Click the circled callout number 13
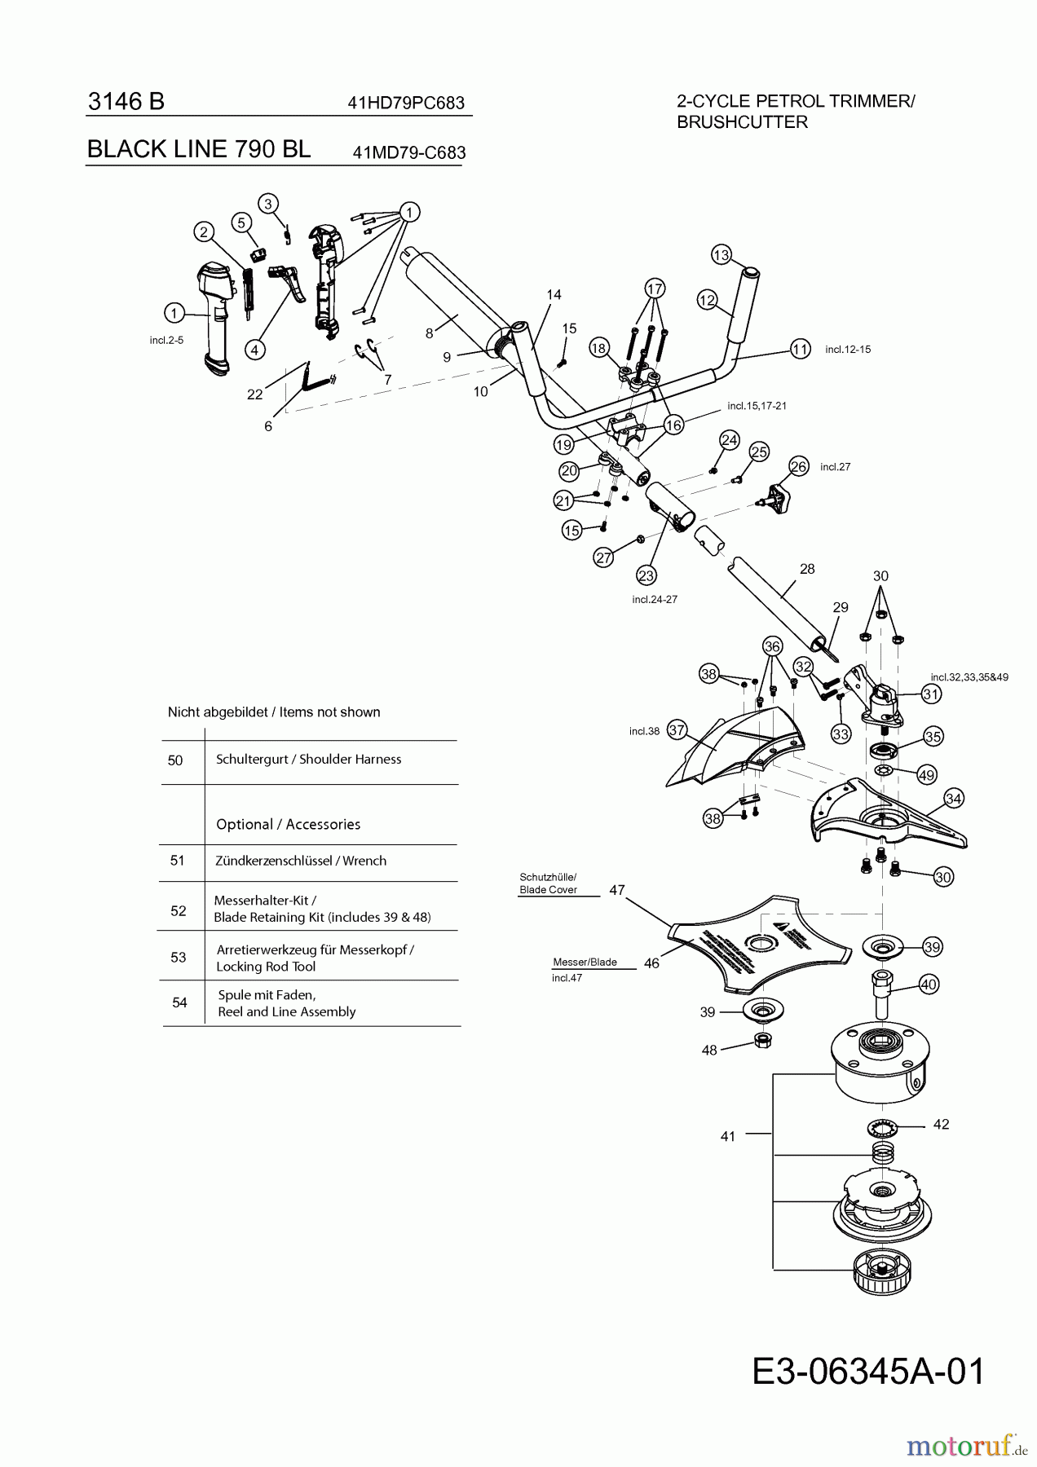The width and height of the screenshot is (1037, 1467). [x=721, y=254]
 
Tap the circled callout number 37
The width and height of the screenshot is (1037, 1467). [x=676, y=729]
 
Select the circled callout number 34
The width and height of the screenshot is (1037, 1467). [x=954, y=798]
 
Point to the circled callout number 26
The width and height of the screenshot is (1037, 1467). [x=798, y=466]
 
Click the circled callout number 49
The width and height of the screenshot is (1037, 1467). [x=926, y=774]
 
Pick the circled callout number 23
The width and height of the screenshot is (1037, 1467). [x=646, y=575]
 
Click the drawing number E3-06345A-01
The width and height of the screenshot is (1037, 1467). [x=867, y=1371]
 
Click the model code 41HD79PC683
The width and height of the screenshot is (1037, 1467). [x=406, y=103]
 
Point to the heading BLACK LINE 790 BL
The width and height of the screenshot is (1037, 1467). [x=198, y=149]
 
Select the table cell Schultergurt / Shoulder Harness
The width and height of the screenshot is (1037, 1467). [x=308, y=760]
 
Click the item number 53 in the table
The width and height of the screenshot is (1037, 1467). [x=179, y=958]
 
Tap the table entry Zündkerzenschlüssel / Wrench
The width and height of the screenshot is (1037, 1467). [x=301, y=861]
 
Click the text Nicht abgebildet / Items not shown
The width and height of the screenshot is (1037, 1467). [x=274, y=712]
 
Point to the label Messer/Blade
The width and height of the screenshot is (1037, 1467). [x=585, y=962]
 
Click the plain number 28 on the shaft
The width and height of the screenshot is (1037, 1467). [x=807, y=569]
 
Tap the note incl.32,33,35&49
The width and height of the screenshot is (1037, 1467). [x=969, y=676]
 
